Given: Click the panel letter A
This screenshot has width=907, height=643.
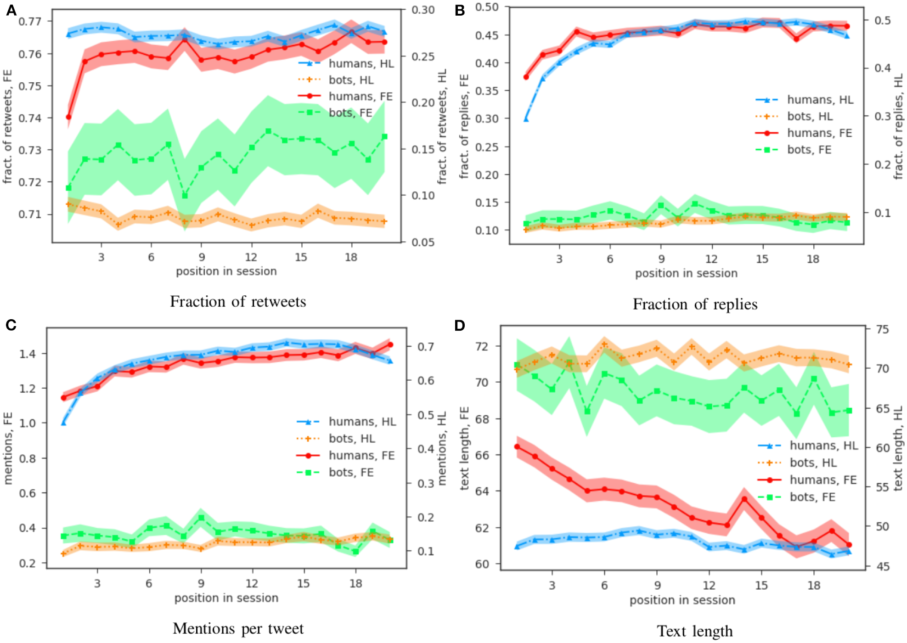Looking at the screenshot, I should pos(11,10).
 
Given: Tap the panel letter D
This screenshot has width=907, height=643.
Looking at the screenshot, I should pos(460,326).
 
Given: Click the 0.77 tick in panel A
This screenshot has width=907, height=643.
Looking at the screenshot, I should pos(30,21).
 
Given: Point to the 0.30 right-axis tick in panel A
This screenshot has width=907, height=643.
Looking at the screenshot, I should pos(423,10).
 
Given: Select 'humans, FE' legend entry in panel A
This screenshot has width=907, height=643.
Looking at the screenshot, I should pos(361,96).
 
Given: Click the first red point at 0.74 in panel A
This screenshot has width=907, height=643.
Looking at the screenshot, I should pos(69,117).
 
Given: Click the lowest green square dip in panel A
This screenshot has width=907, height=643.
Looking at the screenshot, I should pos(185,196).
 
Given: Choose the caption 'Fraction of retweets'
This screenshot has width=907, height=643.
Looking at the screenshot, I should pos(238,302).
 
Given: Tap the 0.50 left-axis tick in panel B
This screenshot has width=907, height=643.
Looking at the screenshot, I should pos(486,7).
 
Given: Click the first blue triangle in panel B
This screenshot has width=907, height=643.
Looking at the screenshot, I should pos(526,119).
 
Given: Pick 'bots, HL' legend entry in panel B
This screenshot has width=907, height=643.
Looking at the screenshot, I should pos(810,117).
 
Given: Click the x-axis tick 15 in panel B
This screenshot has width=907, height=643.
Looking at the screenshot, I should pos(762,259).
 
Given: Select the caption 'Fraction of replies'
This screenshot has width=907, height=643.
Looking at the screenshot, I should pos(695,305).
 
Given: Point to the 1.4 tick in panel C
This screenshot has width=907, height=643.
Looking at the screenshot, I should pos(27,354).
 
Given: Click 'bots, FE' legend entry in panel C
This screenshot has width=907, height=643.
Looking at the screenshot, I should pos(351,473).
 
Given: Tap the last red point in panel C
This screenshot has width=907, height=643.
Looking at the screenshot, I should pos(390,344).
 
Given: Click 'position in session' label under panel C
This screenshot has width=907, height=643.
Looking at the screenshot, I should pos(226,598).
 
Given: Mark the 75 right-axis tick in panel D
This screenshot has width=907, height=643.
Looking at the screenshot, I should pos(882,329).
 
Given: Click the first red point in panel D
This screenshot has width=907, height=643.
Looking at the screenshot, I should pos(517,446).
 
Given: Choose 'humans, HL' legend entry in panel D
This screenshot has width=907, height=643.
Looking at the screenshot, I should pos(823,446).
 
